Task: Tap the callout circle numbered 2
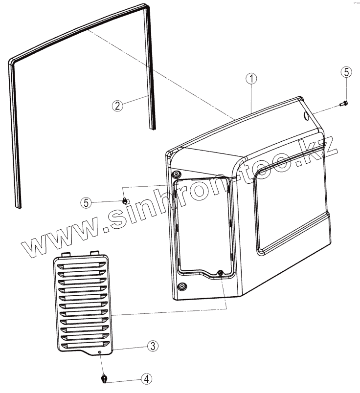point(116,106)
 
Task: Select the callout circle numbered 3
point(152,346)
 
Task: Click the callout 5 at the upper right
point(345,72)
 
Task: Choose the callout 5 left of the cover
point(87,202)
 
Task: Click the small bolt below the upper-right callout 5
point(344,103)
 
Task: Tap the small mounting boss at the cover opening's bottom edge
point(220,273)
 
